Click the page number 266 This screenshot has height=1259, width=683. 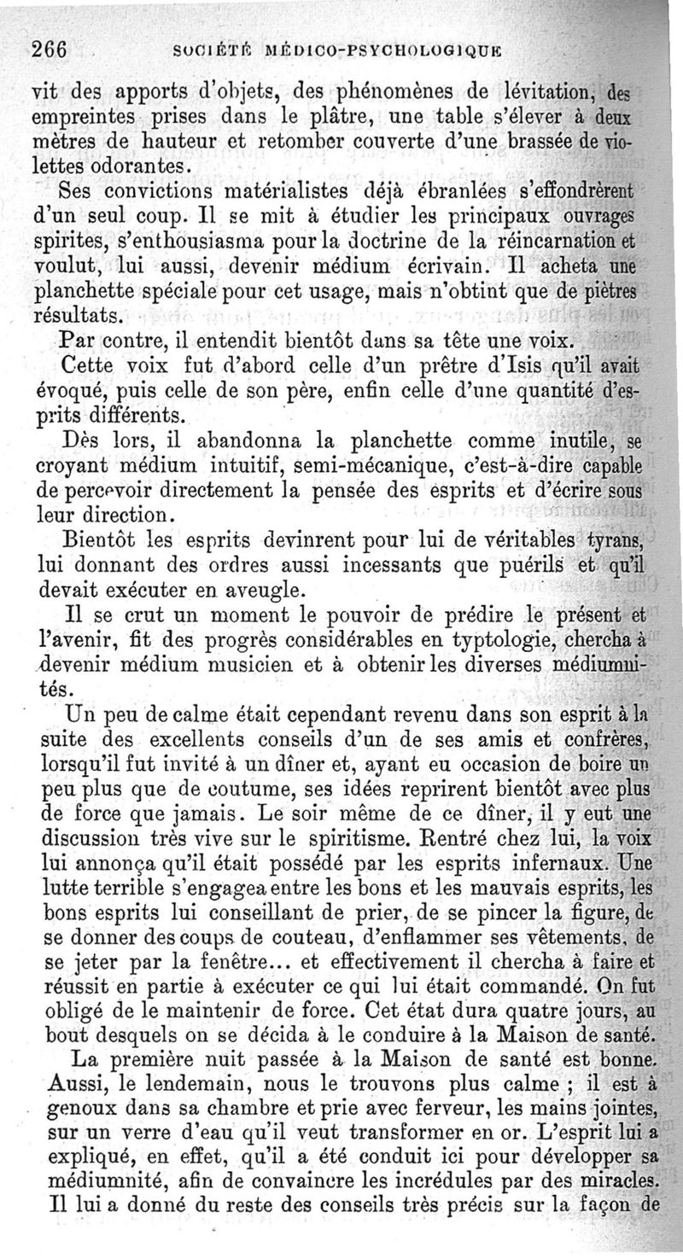point(49,48)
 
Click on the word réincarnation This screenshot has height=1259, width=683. point(565,235)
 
